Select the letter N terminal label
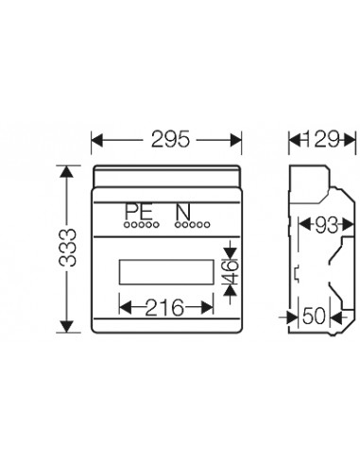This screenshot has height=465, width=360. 182,214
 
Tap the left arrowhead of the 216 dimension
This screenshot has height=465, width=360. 123,306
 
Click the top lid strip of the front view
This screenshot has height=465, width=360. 167,176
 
